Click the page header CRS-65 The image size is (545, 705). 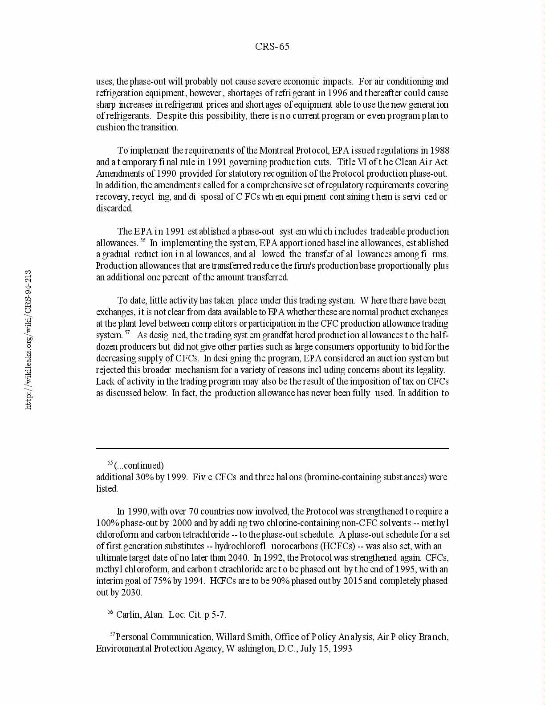click(x=272, y=47)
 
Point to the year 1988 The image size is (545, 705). click(x=440, y=150)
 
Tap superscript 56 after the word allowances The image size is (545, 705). click(x=143, y=241)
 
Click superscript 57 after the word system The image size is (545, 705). click(x=127, y=333)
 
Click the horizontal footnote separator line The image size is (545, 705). click(x=272, y=449)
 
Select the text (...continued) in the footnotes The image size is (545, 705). click(x=139, y=466)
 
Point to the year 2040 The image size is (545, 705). click(x=238, y=558)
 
